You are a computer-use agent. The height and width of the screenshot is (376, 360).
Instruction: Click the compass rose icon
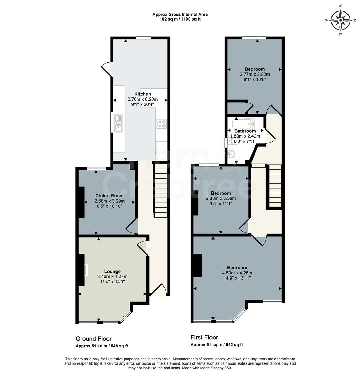[x=341, y=21]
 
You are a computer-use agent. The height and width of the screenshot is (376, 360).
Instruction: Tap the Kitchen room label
[x=143, y=94]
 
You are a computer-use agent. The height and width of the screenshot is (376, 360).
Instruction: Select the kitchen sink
[x=119, y=124]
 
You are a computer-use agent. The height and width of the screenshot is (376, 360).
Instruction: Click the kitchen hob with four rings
[x=161, y=124]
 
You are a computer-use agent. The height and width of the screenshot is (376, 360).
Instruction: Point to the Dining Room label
[x=110, y=196]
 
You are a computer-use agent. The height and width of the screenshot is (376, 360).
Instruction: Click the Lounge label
[x=112, y=271]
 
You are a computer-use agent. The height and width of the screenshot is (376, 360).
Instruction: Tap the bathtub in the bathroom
[x=243, y=123]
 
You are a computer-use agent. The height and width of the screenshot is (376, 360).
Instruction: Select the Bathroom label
[x=245, y=131]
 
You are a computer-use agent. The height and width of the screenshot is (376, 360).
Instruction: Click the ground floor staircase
[x=160, y=190]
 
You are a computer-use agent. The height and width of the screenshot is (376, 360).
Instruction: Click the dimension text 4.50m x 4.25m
[x=237, y=273]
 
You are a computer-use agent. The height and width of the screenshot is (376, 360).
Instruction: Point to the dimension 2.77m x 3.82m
[x=255, y=75]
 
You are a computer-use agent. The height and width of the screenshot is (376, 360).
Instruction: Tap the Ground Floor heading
[x=94, y=339]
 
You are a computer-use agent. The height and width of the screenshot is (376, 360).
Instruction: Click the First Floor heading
[x=204, y=338]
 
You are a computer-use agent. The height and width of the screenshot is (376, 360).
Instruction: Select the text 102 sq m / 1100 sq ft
[x=180, y=19]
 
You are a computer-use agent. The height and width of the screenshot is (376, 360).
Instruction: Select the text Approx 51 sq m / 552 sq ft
[x=217, y=345]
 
